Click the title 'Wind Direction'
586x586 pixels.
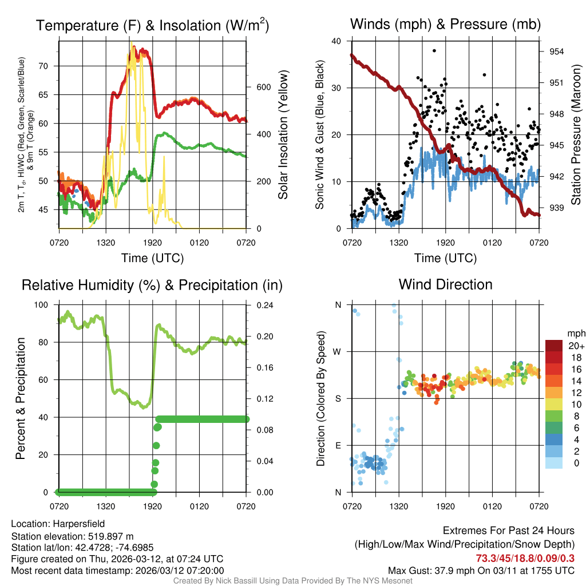(445, 284)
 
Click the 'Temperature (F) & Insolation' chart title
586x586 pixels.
(152, 26)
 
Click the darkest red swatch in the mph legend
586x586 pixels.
(553, 346)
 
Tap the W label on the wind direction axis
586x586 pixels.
(338, 351)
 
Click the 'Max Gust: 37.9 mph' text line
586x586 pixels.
(481, 571)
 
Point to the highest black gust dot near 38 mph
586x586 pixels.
(435, 50)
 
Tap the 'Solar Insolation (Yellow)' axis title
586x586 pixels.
(283, 134)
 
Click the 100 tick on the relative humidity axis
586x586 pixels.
(43, 305)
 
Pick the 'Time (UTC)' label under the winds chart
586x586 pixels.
(445, 258)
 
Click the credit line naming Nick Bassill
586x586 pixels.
(292, 581)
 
